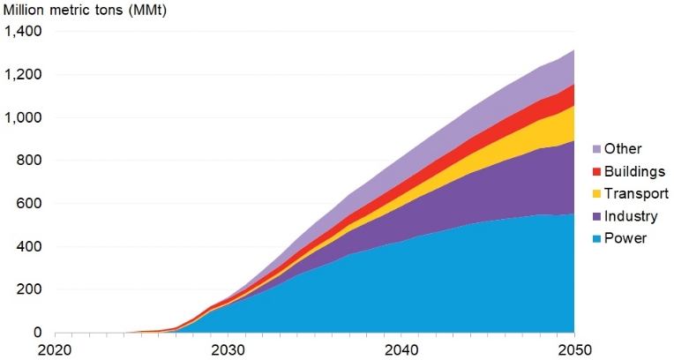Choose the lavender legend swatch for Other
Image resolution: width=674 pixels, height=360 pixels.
(x=596, y=149)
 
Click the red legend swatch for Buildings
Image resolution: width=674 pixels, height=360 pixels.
(x=596, y=171)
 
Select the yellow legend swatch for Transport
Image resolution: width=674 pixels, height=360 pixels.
(x=596, y=193)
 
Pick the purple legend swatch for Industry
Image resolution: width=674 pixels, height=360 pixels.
(x=596, y=216)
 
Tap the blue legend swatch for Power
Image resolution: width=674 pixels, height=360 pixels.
(x=596, y=238)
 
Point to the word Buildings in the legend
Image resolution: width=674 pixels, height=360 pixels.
(x=637, y=171)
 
